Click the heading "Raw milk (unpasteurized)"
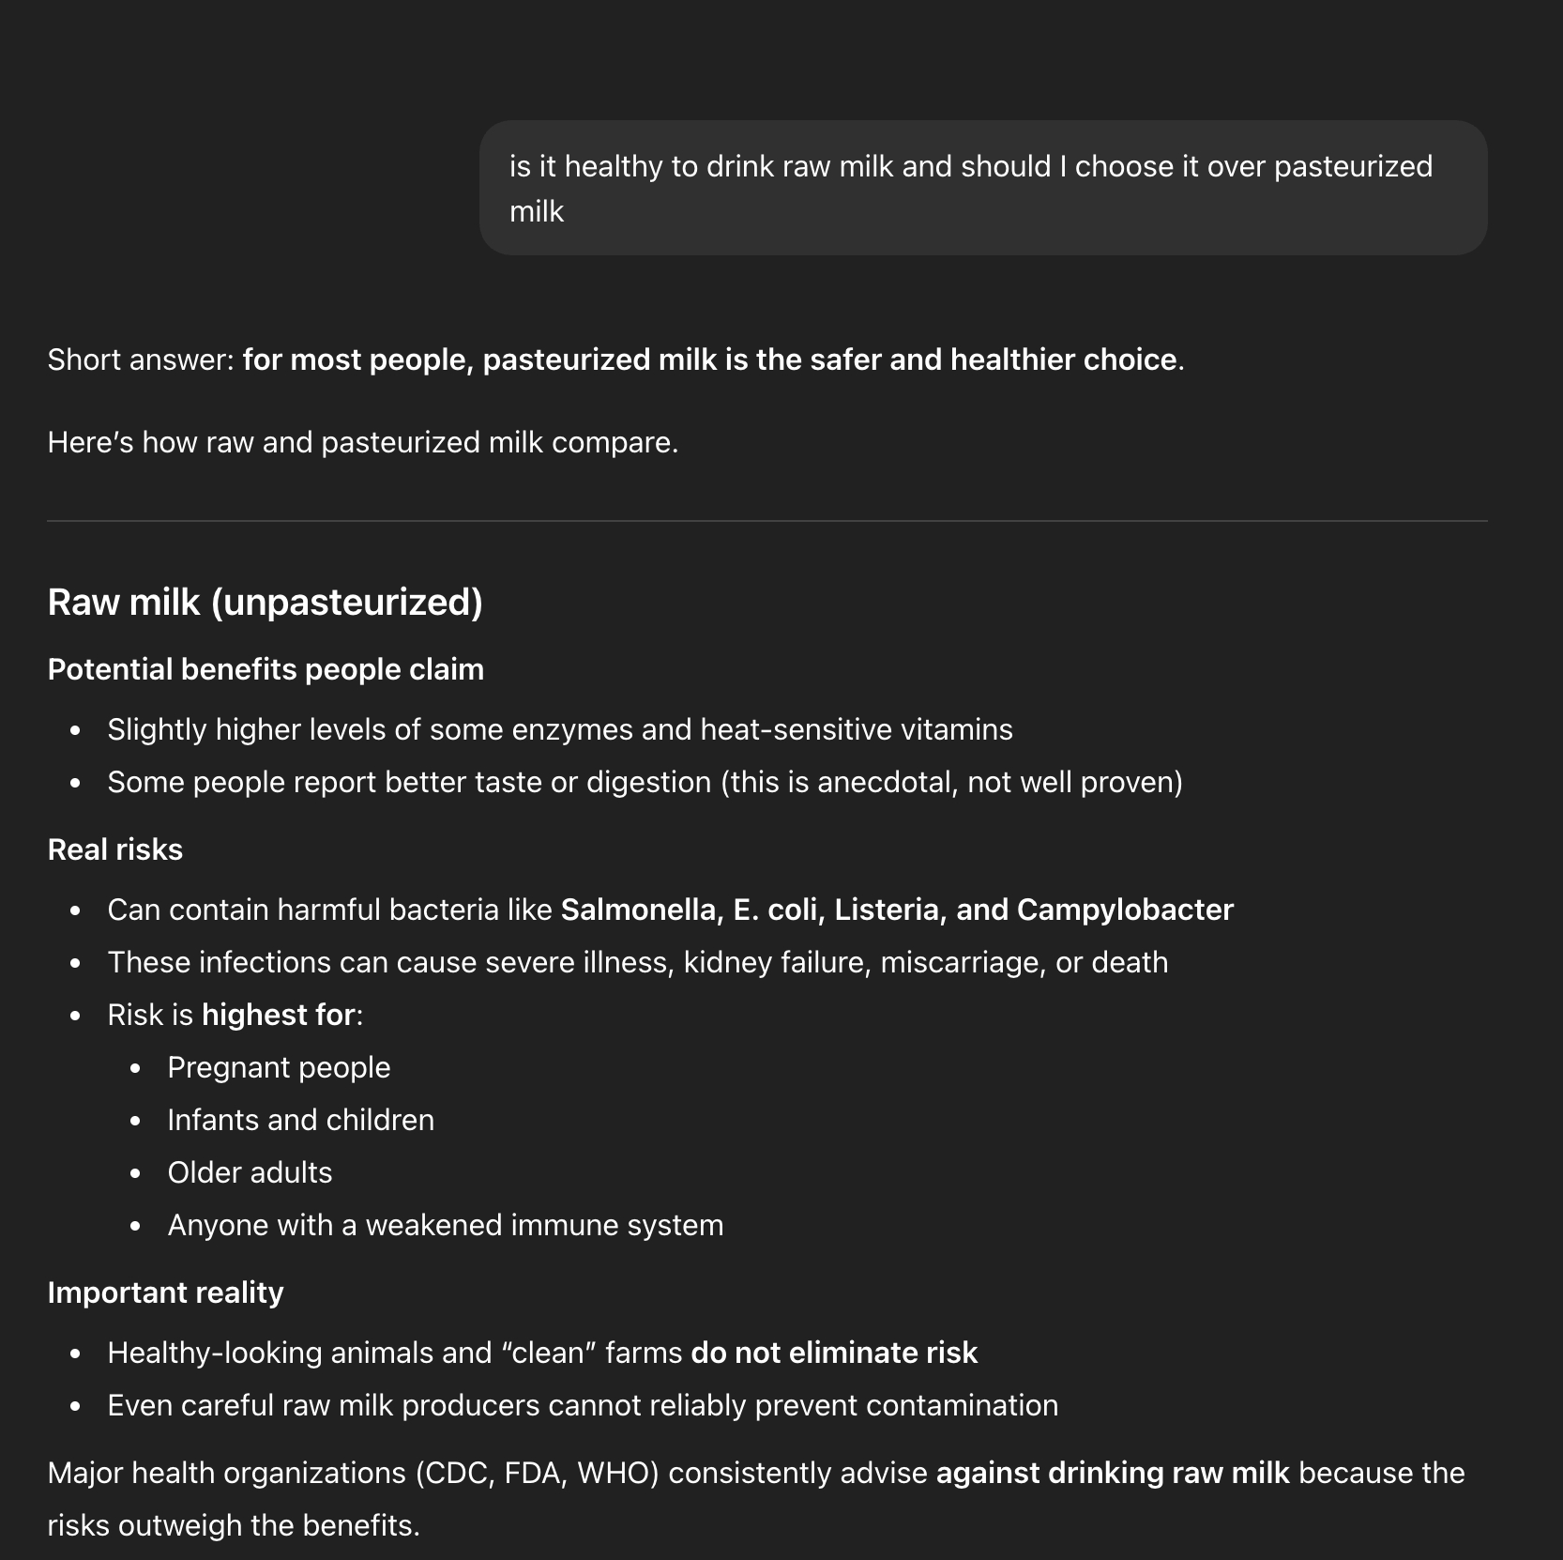[x=265, y=603]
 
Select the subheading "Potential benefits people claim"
[x=266, y=670]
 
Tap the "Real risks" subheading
[x=114, y=850]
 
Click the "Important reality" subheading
[x=165, y=1293]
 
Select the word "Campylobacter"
[x=1125, y=910]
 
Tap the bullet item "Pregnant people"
[x=279, y=1068]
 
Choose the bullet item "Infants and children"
[x=300, y=1121]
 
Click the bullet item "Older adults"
[x=250, y=1173]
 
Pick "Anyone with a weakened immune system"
[x=445, y=1226]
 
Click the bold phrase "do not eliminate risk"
[x=834, y=1354]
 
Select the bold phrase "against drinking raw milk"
[x=1113, y=1474]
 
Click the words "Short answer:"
[x=141, y=360]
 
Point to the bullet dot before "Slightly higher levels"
[x=76, y=730]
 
